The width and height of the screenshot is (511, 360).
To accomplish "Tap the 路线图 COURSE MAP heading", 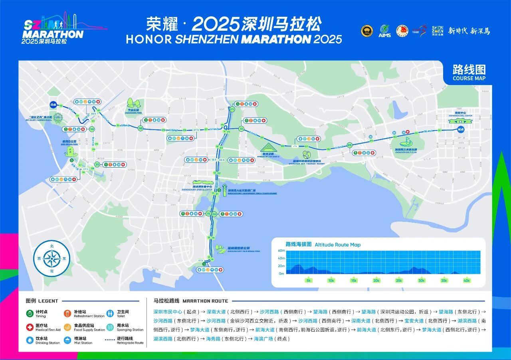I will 469,73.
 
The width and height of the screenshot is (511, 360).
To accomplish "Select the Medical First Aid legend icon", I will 30,327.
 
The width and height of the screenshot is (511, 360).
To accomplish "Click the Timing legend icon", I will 30,314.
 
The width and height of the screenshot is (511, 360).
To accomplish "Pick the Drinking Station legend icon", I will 30,340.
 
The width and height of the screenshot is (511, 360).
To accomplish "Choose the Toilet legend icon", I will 110,314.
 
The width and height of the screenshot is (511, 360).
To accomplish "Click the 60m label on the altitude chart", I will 281,251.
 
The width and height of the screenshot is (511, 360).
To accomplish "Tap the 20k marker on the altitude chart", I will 376,281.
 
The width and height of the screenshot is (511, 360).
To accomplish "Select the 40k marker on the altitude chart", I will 466,281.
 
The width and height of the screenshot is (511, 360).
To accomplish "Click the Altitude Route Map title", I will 337,245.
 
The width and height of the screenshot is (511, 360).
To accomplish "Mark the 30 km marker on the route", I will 140,128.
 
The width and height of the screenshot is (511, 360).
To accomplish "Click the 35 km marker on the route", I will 97,164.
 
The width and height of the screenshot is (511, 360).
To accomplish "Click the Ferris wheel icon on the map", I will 58,118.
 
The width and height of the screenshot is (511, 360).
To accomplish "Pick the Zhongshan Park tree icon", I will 132,103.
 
